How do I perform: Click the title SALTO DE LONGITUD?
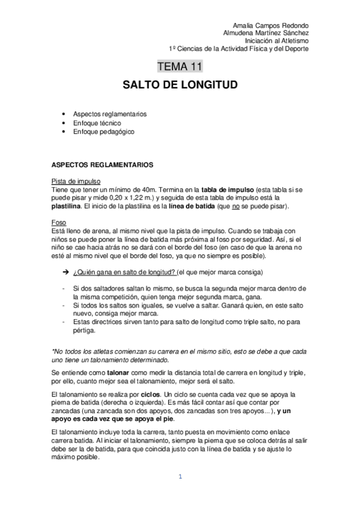tap(180, 85)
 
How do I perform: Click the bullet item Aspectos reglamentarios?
tap(110, 114)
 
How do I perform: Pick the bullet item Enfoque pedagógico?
tap(103, 131)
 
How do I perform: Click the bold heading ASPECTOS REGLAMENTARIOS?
tap(102, 164)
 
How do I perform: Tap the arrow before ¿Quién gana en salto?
tap(64, 272)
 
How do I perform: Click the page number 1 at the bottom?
tap(180, 477)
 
